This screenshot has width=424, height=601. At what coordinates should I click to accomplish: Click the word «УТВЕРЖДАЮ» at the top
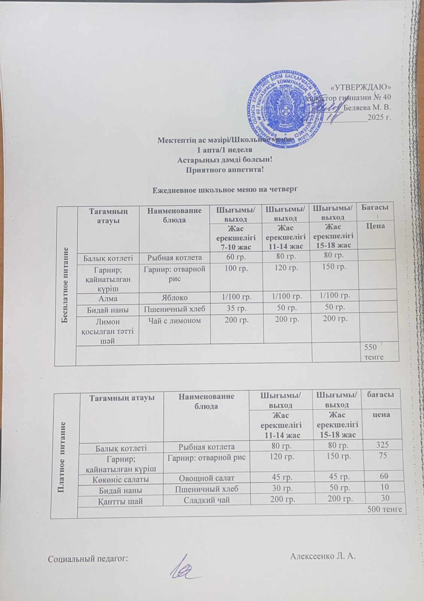coord(361,88)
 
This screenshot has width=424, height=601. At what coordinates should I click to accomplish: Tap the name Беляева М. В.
coord(368,107)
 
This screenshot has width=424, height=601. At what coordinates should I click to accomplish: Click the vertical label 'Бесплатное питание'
coord(65,286)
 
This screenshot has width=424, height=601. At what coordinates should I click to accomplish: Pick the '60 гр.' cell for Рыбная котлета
coord(236,257)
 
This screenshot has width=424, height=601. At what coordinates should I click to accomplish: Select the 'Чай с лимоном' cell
coord(174,321)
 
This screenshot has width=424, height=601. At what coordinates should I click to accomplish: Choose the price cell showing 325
coord(383,446)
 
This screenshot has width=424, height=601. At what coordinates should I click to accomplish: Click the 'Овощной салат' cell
coord(206,478)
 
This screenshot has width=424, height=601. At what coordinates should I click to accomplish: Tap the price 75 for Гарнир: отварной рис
coord(383,456)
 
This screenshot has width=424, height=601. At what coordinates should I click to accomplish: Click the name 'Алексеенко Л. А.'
coord(323,556)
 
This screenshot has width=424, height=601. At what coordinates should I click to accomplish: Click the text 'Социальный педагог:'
coord(88,559)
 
